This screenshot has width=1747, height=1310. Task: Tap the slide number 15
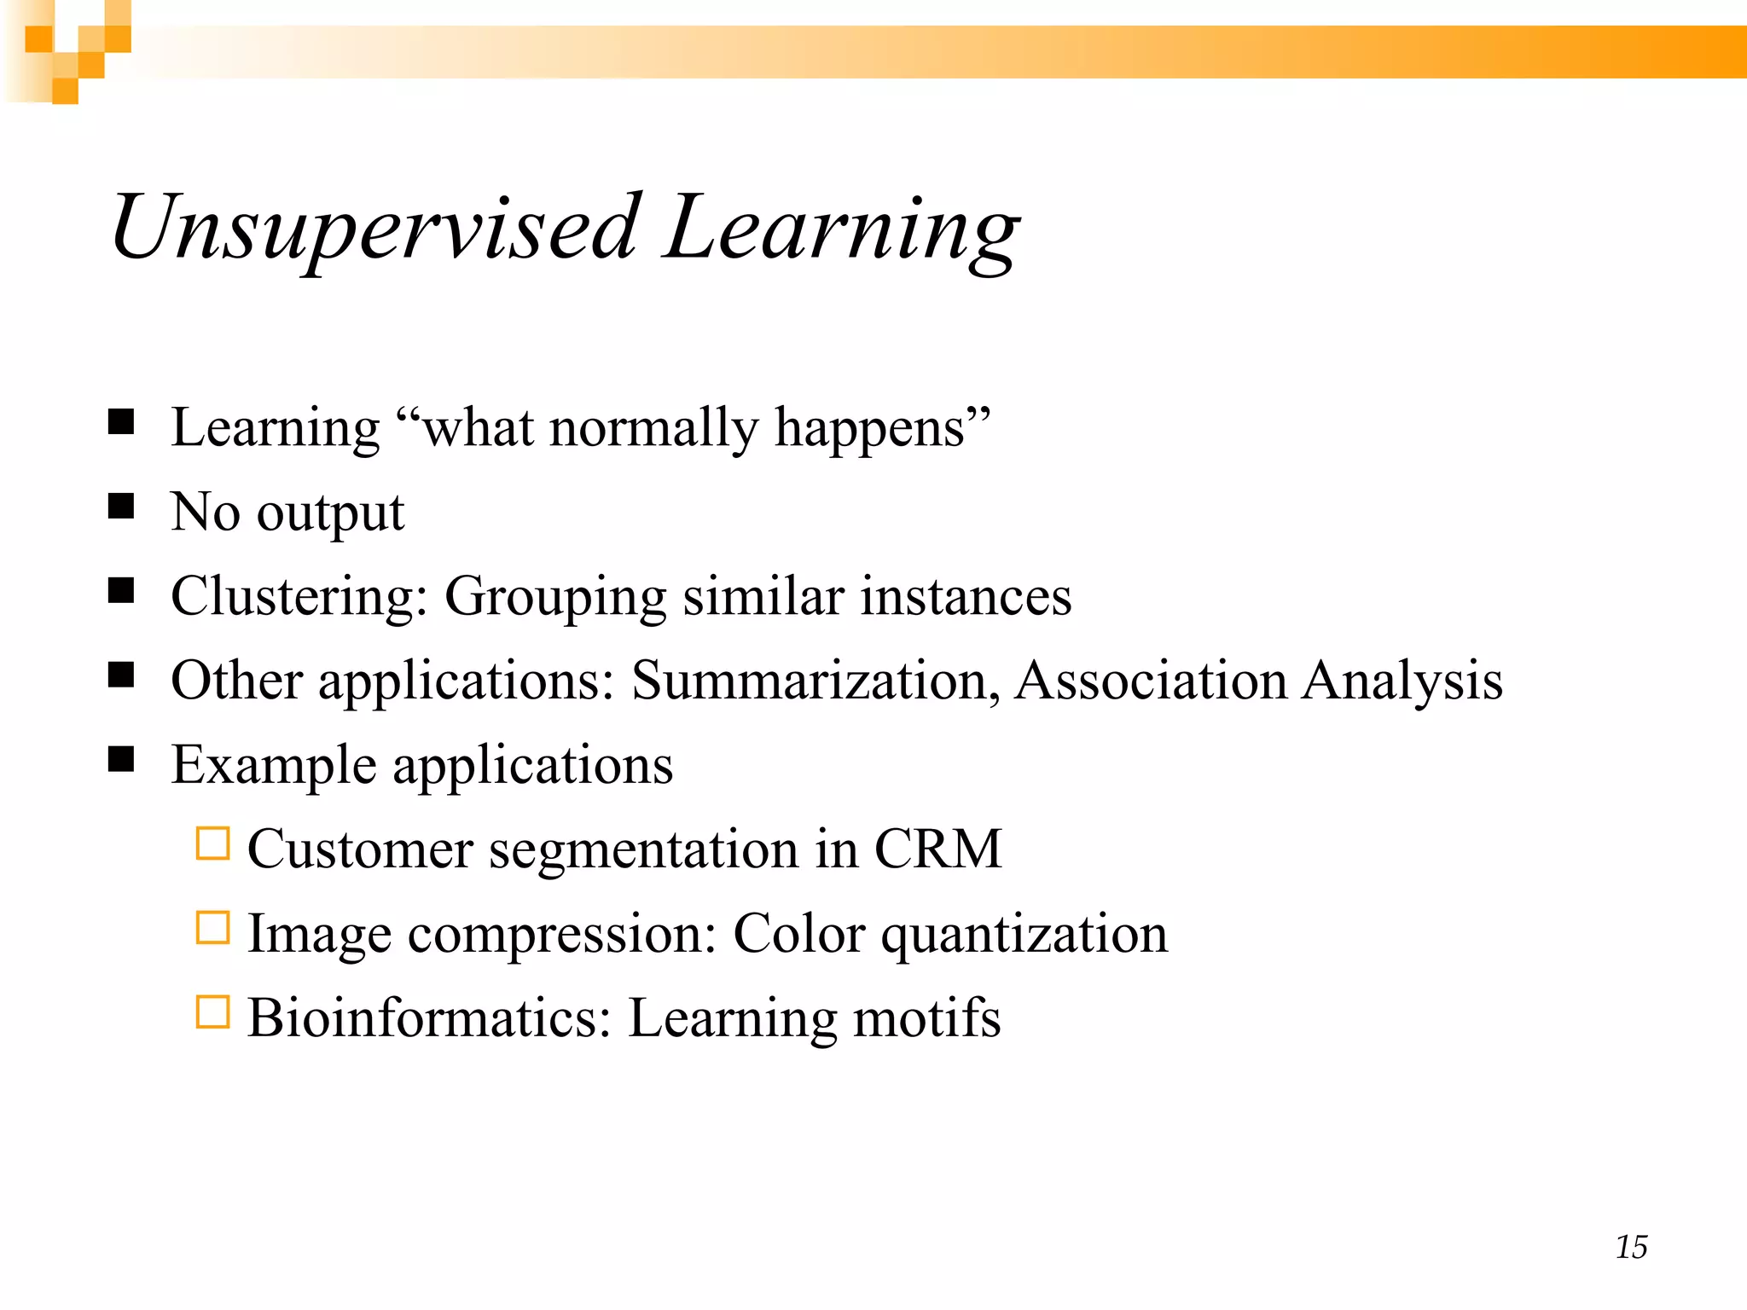1631,1247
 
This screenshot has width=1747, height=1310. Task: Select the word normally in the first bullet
653,428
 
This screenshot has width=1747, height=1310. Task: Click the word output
330,513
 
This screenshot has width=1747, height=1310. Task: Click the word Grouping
554,598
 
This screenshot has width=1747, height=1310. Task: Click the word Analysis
1402,682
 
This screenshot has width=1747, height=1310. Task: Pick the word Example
273,765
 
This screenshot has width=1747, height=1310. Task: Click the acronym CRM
937,849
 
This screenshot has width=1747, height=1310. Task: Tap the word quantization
1024,935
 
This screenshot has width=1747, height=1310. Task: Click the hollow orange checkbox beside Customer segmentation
212,843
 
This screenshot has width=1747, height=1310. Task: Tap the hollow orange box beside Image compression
212,928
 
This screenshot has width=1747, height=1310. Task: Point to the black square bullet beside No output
121,506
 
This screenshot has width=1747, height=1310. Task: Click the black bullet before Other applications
121,675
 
